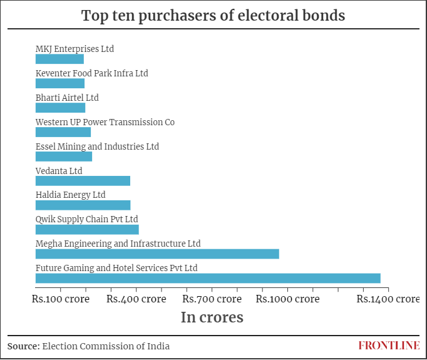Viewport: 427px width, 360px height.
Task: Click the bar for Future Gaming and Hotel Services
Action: pos(208,278)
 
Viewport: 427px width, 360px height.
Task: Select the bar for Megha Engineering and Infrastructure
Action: pos(157,254)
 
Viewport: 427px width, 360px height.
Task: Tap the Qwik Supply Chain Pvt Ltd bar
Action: pos(87,229)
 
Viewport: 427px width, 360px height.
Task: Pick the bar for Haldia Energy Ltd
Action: pos(83,205)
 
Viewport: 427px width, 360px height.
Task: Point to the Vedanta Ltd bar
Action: pos(83,180)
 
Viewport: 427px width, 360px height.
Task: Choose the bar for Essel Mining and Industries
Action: pos(64,157)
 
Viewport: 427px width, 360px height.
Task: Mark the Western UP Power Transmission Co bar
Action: pos(63,132)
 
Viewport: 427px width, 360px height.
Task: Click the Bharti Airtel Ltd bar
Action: pos(60,108)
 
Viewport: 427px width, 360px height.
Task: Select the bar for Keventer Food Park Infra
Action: pos(60,83)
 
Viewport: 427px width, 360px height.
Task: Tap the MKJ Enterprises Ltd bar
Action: pos(59,59)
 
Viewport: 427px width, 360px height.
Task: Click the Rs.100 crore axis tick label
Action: pos(61,299)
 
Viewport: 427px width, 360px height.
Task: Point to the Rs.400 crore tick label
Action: pos(136,299)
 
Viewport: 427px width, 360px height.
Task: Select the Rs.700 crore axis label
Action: pos(212,299)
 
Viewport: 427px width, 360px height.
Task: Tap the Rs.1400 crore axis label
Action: pos(388,299)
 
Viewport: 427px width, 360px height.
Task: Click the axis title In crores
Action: pos(212,317)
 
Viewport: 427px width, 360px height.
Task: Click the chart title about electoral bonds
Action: pos(213,16)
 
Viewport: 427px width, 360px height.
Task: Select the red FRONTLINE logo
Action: pos(389,346)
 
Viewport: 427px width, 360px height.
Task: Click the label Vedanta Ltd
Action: pos(59,171)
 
